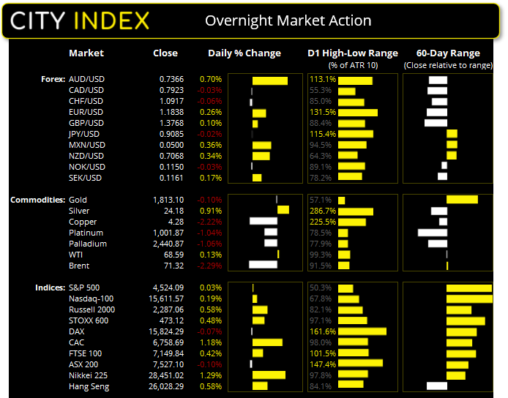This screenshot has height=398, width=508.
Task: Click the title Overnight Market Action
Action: pyautogui.click(x=288, y=20)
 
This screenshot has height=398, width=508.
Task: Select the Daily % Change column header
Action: pyautogui.click(x=244, y=53)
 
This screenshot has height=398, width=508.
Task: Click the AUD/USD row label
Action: pyautogui.click(x=86, y=79)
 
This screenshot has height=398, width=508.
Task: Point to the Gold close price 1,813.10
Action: pyautogui.click(x=164, y=200)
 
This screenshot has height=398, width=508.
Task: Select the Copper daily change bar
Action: pyautogui.click(x=264, y=222)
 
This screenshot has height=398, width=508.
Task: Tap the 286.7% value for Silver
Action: pyautogui.click(x=322, y=211)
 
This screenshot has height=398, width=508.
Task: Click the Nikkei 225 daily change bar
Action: pyautogui.click(x=269, y=375)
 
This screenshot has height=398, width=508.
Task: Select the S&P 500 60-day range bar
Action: pyautogui.click(x=468, y=288)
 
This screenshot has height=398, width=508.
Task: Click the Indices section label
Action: pyautogui.click(x=49, y=288)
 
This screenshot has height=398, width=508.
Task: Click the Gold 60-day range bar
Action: pyautogui.click(x=462, y=200)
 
